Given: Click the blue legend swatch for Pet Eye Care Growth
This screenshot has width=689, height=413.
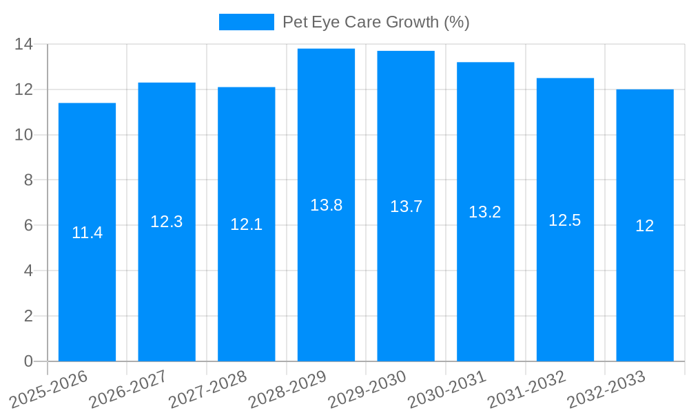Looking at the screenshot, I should click(246, 22).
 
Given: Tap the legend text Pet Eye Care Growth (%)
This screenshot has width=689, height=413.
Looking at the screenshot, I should click(376, 22).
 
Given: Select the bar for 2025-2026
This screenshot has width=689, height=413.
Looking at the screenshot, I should click(87, 289).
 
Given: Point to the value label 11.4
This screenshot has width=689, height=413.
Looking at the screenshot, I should click(87, 233).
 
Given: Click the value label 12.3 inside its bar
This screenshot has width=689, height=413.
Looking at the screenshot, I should click(167, 222).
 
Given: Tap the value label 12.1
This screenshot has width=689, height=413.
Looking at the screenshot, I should click(246, 224).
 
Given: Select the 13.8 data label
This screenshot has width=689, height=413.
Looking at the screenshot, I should click(326, 205).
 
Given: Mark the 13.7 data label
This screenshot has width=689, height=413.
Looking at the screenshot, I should click(406, 206).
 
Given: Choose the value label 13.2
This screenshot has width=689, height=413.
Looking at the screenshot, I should click(485, 212).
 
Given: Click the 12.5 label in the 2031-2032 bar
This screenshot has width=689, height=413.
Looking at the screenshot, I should click(565, 220).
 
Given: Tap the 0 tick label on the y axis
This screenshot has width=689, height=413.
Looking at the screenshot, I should click(28, 361).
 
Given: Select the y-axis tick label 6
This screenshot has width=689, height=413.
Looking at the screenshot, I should click(28, 225).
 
